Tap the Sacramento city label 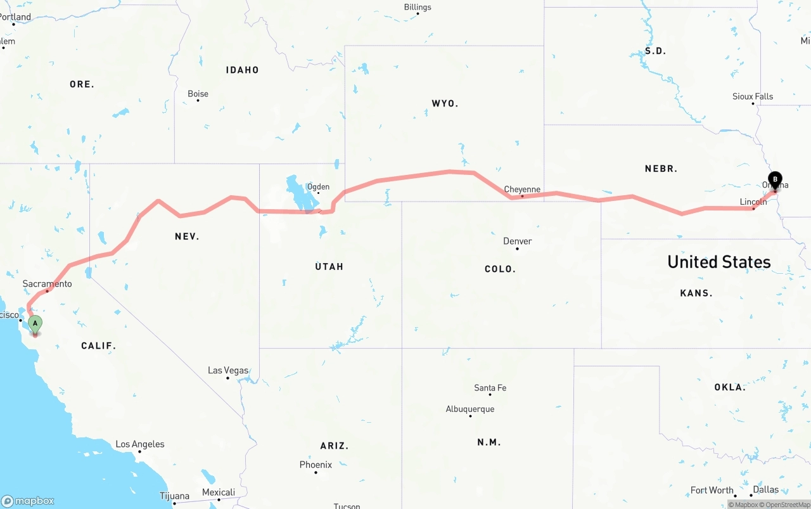47,284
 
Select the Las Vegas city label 228,370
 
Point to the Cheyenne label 522,190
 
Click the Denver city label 517,242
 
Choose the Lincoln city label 753,202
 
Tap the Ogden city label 318,186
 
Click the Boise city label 198,94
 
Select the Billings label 418,7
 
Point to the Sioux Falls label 753,96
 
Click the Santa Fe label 490,388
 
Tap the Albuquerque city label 470,409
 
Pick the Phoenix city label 316,465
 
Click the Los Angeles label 139,444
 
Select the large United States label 718,262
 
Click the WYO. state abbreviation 445,103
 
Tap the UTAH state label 329,267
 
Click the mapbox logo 28,501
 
